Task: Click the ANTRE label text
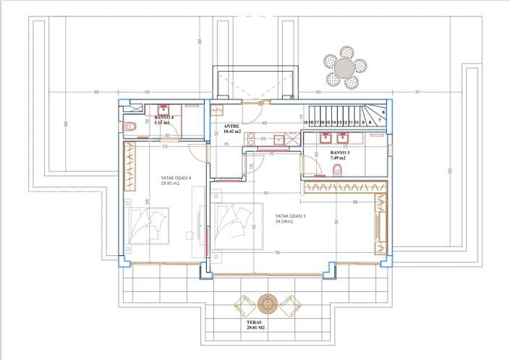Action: tap(231, 127)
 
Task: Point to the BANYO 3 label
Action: tap(339, 153)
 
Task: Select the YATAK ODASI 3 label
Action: tap(290, 216)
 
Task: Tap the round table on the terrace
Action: tap(268, 302)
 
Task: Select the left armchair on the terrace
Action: tap(246, 304)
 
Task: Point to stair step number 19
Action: tap(307, 124)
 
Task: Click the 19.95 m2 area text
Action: tap(171, 183)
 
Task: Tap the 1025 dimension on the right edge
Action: tap(450, 171)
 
